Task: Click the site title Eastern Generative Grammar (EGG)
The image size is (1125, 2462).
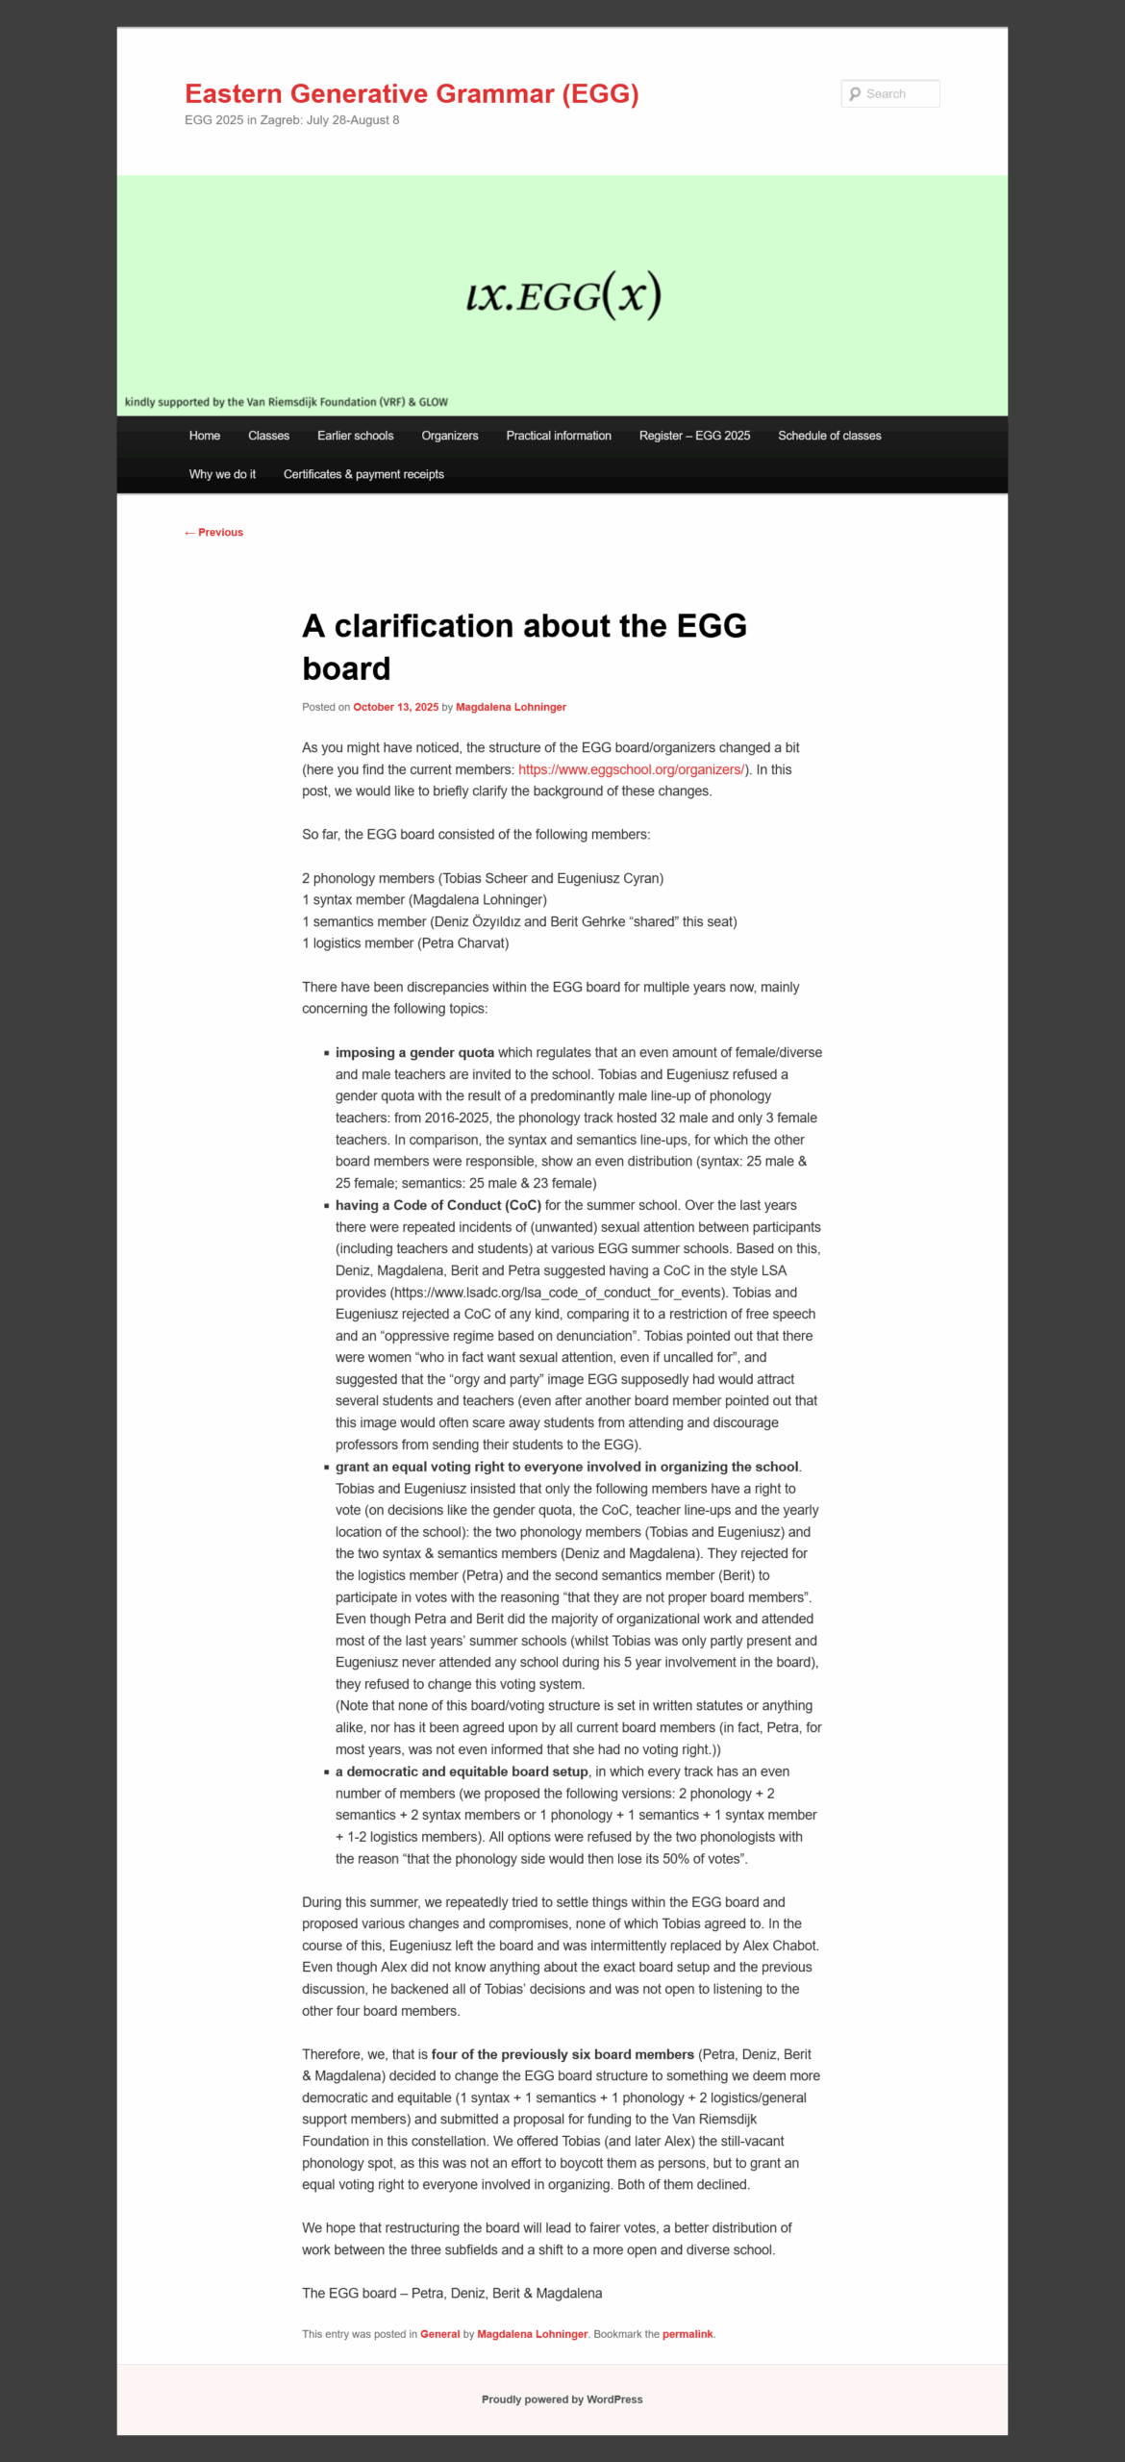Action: [x=412, y=93]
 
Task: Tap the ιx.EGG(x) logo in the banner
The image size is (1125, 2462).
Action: [x=562, y=295]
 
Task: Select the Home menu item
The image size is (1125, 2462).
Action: [x=205, y=436]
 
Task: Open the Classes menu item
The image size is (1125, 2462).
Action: [x=268, y=436]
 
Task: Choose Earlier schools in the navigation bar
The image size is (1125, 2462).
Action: [x=355, y=436]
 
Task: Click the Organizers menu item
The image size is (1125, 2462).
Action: [x=449, y=436]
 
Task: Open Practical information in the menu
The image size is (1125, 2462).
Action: [x=559, y=436]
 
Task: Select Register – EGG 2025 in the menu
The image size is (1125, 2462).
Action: [x=694, y=436]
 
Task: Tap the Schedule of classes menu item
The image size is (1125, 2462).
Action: [x=829, y=436]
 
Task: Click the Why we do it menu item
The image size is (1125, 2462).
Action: [x=222, y=474]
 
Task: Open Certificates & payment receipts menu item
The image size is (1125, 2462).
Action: [x=363, y=474]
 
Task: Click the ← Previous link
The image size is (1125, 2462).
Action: [x=213, y=533]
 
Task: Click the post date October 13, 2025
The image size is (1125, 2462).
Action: [x=395, y=707]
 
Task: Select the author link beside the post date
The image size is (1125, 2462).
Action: [x=511, y=707]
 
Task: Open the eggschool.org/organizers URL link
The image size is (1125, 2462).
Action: [x=631, y=769]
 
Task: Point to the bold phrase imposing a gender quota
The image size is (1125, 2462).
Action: [x=414, y=1052]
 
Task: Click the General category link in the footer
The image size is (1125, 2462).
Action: [x=439, y=2334]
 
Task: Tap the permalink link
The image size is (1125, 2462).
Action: [x=687, y=2334]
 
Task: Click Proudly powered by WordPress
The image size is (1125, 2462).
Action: [x=562, y=2399]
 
